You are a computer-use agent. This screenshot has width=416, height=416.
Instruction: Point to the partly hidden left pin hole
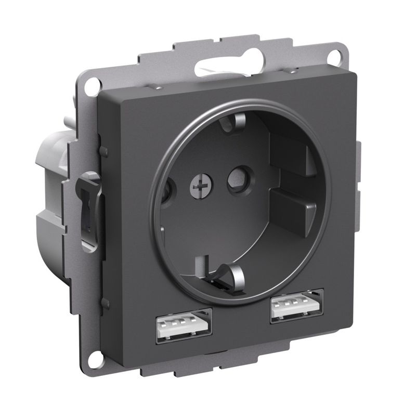pos(166,192)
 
